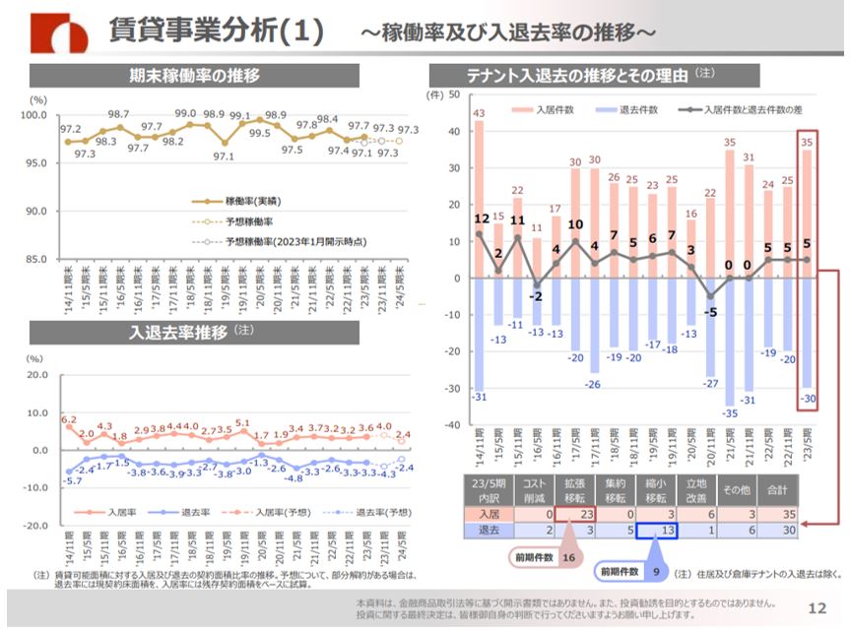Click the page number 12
(x=817, y=607)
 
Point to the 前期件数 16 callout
(x=554, y=557)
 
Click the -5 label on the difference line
(x=709, y=313)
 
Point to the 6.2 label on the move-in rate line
(x=69, y=420)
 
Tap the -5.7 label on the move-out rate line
(x=73, y=480)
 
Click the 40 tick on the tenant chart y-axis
(x=455, y=131)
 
